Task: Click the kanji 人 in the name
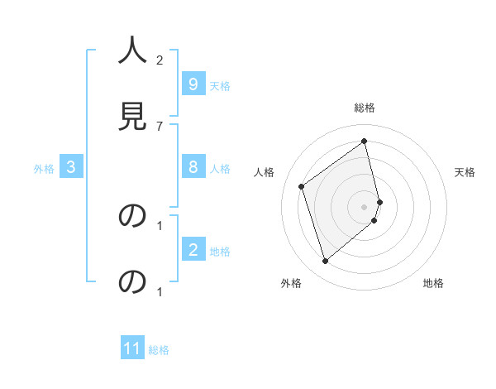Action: pos(132,51)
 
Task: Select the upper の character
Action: pos(132,216)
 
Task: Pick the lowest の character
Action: pos(132,282)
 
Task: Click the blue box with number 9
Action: pos(193,84)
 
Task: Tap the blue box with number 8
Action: pos(193,167)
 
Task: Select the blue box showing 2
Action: pos(193,250)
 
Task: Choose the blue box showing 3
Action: pos(71,167)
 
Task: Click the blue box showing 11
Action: pos(132,348)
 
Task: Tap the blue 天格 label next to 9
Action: pos(220,85)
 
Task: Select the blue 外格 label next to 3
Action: pos(44,169)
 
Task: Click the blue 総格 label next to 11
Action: pos(159,350)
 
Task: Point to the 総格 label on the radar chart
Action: pos(365,108)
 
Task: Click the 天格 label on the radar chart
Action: pos(465,172)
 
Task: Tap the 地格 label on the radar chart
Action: pos(433,283)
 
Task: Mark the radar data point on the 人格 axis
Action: pos(302,187)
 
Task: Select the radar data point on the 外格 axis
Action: pos(325,262)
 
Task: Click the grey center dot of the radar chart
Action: pos(365,206)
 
